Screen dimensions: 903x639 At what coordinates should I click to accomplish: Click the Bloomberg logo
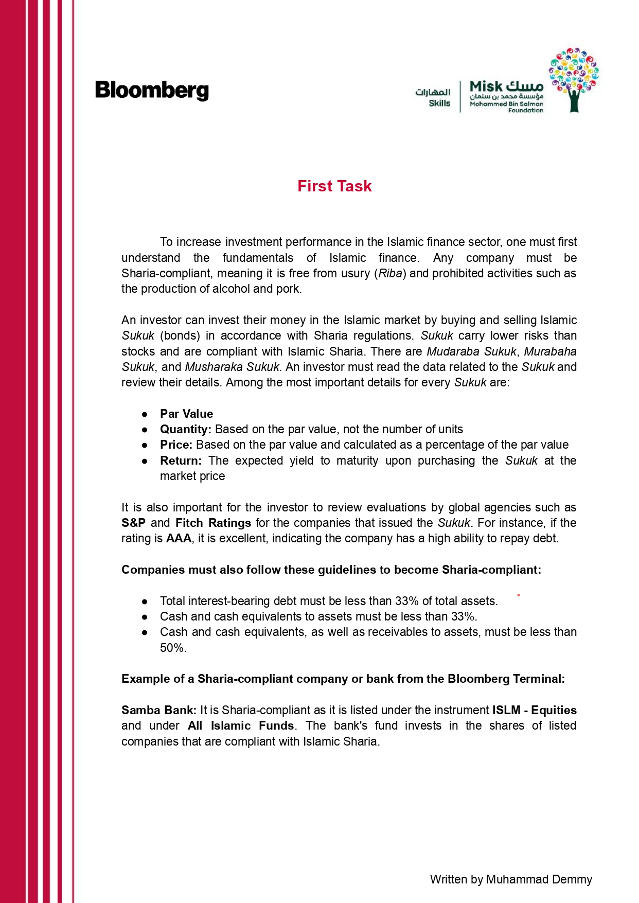[x=152, y=91]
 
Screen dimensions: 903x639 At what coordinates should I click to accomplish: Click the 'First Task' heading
[x=334, y=186]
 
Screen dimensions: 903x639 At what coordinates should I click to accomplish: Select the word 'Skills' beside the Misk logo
[x=439, y=103]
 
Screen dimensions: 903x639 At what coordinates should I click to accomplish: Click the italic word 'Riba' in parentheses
[x=390, y=273]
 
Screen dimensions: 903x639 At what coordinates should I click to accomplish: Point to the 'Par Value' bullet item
[x=186, y=414]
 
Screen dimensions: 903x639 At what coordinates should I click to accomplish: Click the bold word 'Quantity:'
[x=186, y=429]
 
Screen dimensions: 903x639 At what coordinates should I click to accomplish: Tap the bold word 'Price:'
[x=176, y=445]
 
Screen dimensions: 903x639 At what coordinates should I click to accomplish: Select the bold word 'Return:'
[x=181, y=461]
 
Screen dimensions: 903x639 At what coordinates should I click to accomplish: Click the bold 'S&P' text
[x=133, y=523]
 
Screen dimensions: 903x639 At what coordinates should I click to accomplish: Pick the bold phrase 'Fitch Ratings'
[x=213, y=523]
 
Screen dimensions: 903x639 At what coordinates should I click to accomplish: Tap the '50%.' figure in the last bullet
[x=173, y=648]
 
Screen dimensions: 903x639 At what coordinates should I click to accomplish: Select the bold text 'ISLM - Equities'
[x=534, y=710]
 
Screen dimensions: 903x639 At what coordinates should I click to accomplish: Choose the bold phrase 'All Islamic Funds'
[x=241, y=725]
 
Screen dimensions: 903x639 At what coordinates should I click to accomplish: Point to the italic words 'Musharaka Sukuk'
[x=232, y=367]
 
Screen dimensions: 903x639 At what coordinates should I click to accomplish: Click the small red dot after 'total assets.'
[x=519, y=595]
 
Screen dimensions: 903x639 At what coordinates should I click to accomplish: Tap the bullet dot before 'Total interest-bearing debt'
[x=145, y=601]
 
